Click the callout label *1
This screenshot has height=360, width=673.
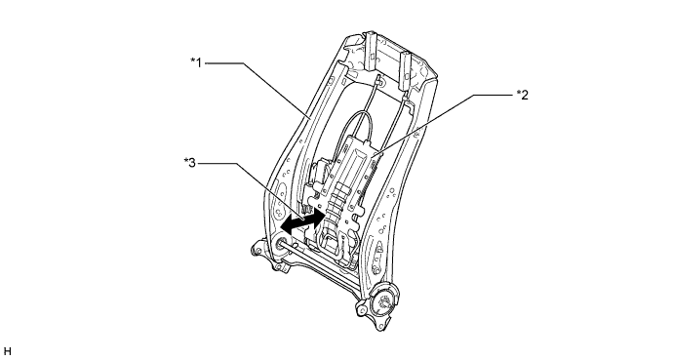196,62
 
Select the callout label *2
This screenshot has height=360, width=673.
523,95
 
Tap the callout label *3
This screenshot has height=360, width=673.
190,163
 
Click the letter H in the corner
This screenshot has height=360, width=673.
7,351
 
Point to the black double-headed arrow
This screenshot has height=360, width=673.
302,220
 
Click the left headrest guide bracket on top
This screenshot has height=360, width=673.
371,51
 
